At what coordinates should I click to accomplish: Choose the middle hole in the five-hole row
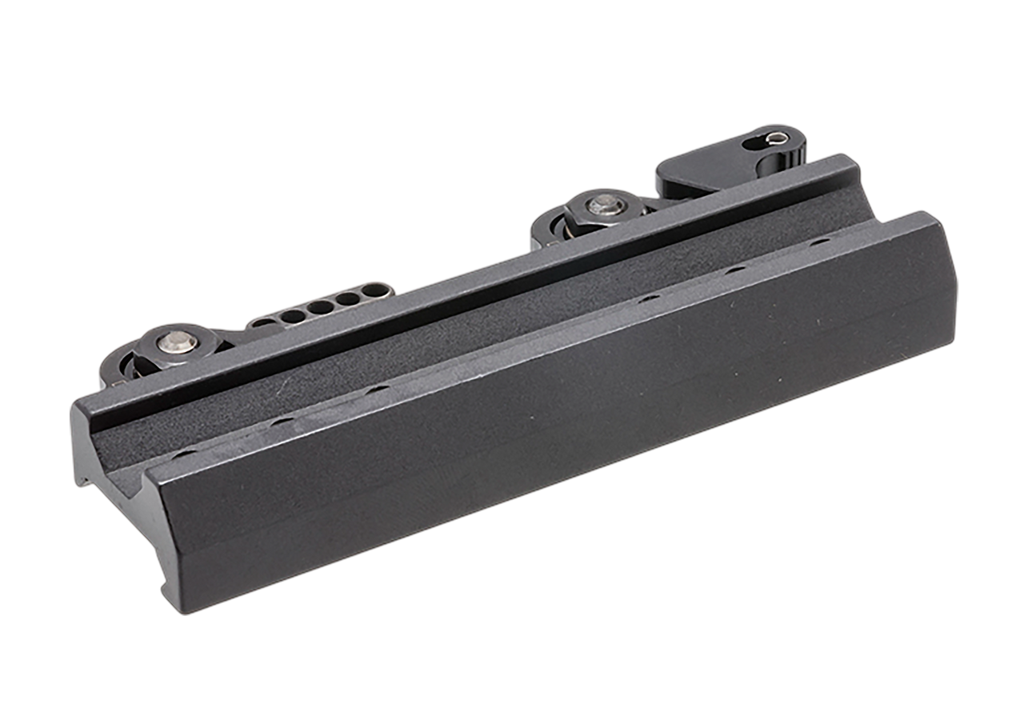coord(320,307)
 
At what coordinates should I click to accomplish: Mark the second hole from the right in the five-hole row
coord(347,299)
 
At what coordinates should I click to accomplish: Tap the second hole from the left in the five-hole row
coord(293,316)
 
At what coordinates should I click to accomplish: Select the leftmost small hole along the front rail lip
coord(183,454)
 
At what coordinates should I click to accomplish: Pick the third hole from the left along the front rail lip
coord(378,390)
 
